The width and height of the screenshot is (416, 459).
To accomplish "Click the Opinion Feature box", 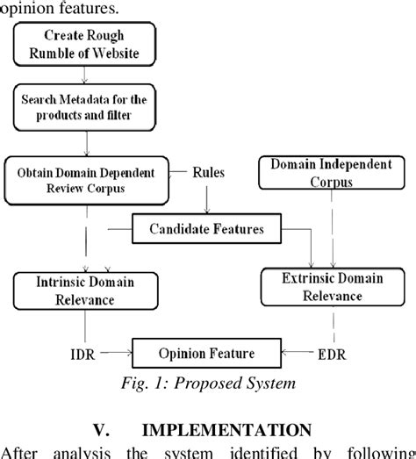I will (207, 354).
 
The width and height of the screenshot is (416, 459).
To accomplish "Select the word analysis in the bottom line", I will (88, 453).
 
